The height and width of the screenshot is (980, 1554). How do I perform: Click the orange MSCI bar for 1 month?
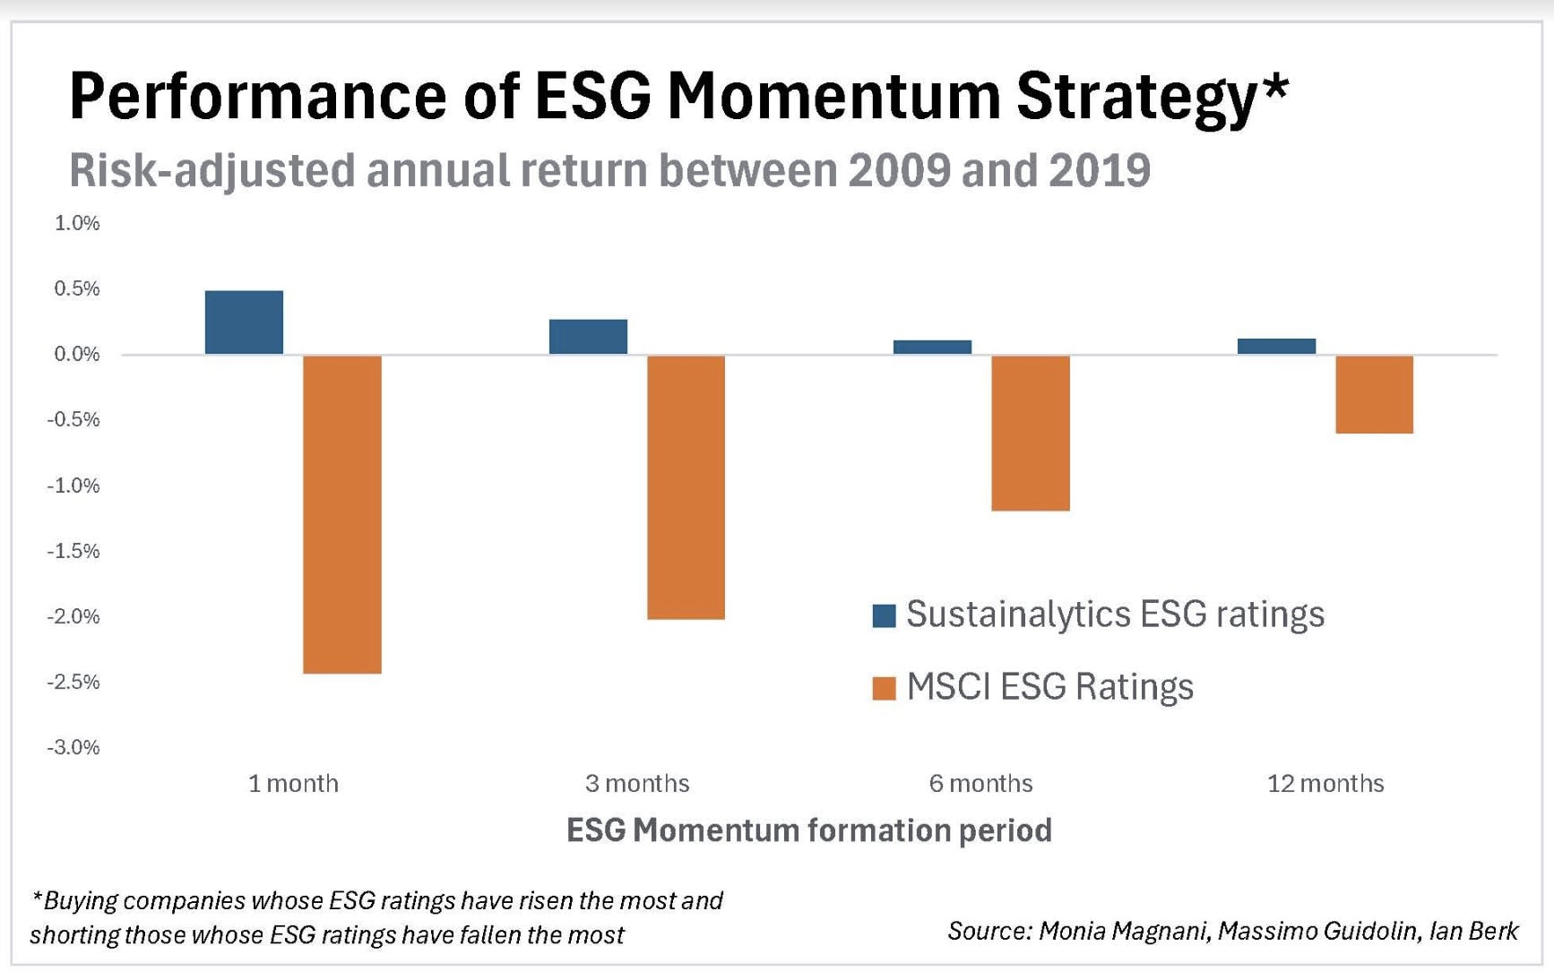click(x=342, y=513)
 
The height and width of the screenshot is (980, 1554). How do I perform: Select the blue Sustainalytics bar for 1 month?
click(x=244, y=322)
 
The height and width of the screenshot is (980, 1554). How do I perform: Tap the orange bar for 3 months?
click(x=686, y=486)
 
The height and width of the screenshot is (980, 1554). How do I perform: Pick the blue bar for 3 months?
click(x=588, y=337)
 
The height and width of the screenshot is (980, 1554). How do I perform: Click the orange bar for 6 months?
click(x=1030, y=433)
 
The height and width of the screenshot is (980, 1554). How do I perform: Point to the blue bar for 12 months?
click(x=1276, y=347)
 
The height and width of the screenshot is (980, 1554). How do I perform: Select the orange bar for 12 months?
click(x=1374, y=394)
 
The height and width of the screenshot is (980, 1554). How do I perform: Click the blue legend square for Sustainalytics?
click(x=884, y=615)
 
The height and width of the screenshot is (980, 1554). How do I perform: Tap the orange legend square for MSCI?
click(x=884, y=688)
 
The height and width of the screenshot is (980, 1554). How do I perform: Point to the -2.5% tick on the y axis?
click(x=73, y=682)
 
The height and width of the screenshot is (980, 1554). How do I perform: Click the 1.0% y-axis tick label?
click(x=77, y=223)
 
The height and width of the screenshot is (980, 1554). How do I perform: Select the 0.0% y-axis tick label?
click(x=77, y=354)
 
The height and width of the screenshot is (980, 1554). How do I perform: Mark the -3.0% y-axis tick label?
click(x=73, y=747)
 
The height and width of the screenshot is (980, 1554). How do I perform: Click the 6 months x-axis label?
click(x=980, y=784)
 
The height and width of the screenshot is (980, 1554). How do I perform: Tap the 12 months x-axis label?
click(x=1325, y=784)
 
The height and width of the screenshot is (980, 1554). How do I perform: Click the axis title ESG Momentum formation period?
click(x=808, y=830)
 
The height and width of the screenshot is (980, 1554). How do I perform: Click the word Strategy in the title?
click(x=1138, y=96)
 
